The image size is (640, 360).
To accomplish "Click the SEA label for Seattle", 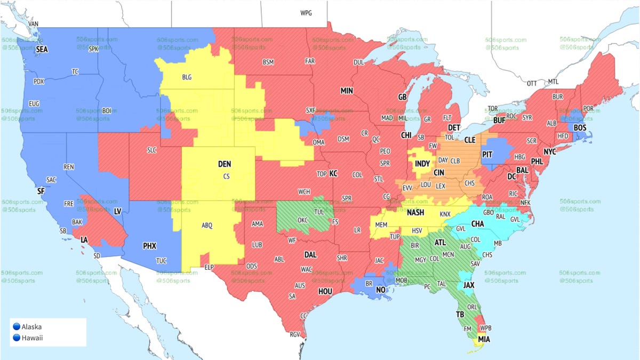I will click(x=42, y=49).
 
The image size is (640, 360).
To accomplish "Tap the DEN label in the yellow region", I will click(x=225, y=165).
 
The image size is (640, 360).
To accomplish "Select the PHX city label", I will click(x=150, y=246).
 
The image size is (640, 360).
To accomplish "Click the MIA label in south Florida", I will click(x=484, y=339).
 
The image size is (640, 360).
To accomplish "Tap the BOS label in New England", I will click(x=580, y=128).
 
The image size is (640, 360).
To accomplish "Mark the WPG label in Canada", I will click(x=306, y=13).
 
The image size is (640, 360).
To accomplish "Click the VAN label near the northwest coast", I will click(x=34, y=24).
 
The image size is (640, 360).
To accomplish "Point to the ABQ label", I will click(x=207, y=226).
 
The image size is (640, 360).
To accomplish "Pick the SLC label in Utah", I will click(x=151, y=150).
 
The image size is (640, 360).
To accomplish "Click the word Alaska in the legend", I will click(x=31, y=326).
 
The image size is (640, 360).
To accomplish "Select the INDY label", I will click(x=422, y=163).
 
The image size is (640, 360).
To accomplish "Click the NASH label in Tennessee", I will click(x=415, y=212).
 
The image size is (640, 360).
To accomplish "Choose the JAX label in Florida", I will click(x=469, y=285).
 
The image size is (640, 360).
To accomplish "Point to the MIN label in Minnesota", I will click(x=347, y=91).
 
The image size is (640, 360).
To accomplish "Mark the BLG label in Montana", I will click(x=187, y=77).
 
